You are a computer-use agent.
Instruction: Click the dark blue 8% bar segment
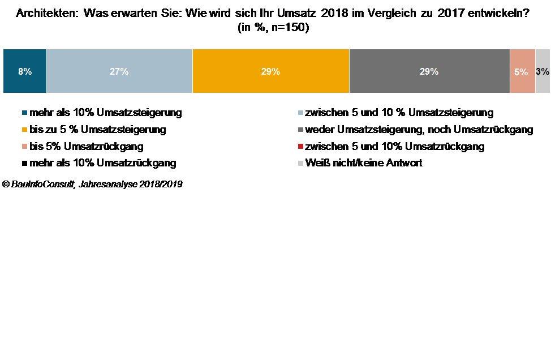(x=25, y=71)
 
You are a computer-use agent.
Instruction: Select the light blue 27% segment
(x=119, y=71)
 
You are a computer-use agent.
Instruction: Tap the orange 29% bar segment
(x=270, y=71)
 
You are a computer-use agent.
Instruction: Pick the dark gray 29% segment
(x=429, y=71)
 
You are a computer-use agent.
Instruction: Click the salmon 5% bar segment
(x=522, y=71)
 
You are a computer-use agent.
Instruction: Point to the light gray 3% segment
(x=542, y=71)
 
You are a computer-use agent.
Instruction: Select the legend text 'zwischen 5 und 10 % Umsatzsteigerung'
(x=399, y=113)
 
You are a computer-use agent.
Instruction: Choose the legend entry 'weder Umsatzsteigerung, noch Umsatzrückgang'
(x=419, y=130)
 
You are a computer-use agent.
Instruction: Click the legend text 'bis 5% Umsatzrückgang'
(x=86, y=147)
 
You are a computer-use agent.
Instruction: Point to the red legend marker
(x=300, y=147)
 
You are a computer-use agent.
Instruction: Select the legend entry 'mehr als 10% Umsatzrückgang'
(x=102, y=163)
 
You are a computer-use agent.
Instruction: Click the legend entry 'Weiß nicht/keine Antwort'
(x=363, y=163)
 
